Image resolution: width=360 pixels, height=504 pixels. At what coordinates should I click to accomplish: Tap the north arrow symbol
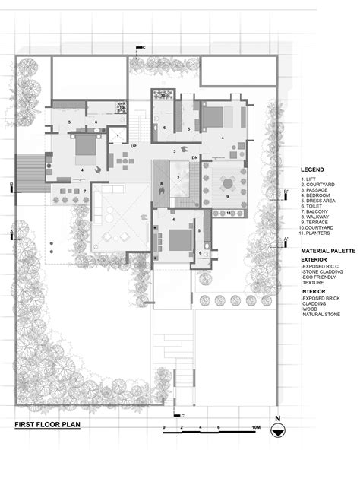click(278, 430)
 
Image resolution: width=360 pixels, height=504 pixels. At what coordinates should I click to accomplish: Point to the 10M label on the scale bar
click(256, 430)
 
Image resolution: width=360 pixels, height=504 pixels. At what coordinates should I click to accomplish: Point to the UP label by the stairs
click(134, 144)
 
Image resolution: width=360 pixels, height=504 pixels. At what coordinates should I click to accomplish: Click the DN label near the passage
click(194, 157)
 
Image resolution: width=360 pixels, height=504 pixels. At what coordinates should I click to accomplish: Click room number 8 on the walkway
click(162, 184)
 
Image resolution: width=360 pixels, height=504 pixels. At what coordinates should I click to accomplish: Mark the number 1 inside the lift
click(118, 136)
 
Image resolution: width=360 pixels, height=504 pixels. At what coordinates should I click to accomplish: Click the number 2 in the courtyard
click(178, 177)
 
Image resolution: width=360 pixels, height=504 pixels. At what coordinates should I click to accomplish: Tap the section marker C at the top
click(142, 47)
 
